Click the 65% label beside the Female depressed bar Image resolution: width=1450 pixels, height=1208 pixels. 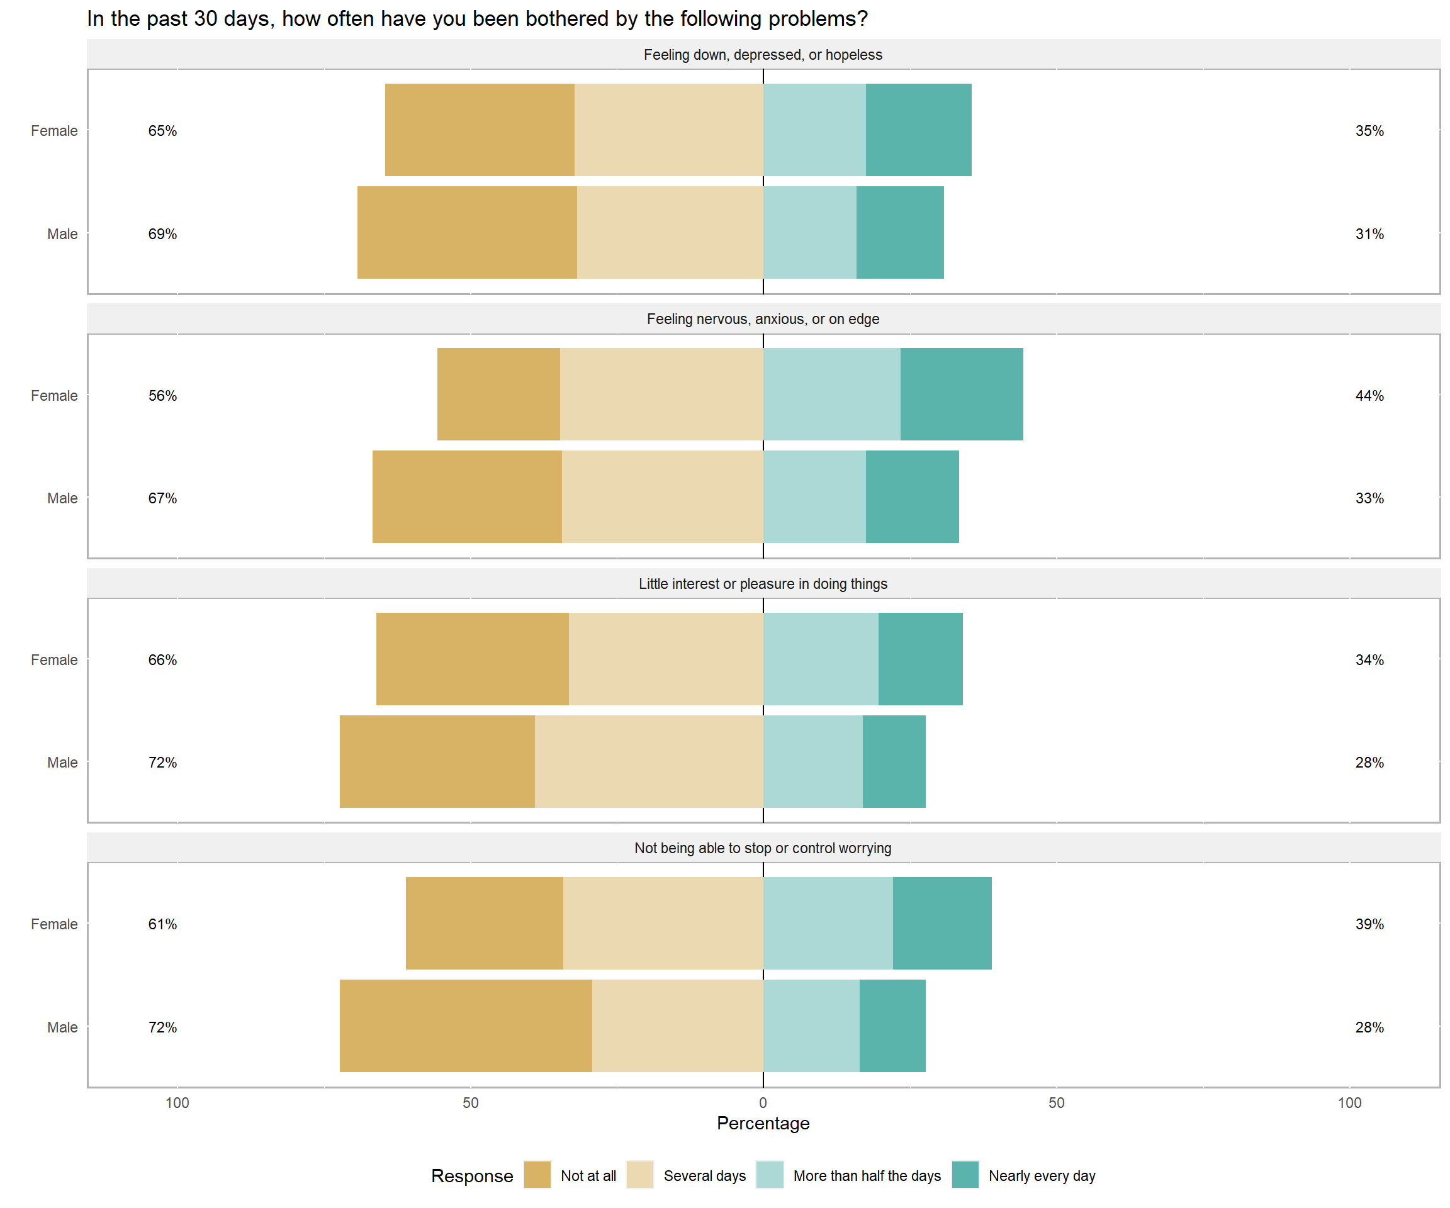pos(162,130)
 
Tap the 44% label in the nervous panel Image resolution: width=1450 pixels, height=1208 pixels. pos(1369,396)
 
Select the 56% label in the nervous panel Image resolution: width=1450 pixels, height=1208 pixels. pos(162,396)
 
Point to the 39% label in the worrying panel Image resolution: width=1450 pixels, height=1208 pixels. pos(1369,924)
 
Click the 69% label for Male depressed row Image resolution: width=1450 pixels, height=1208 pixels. pos(162,234)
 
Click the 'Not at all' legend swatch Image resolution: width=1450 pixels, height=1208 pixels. pos(537,1175)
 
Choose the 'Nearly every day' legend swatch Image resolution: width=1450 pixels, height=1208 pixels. pos(965,1175)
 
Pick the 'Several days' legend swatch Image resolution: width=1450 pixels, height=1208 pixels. pos(639,1175)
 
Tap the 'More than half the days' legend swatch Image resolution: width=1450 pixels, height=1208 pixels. pos(769,1175)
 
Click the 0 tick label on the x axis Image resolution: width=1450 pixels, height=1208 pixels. pos(763,1102)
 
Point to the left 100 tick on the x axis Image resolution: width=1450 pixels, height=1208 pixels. pos(177,1102)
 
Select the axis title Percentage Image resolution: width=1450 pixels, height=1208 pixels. pos(763,1123)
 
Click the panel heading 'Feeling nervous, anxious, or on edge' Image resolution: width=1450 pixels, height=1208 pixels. pos(763,319)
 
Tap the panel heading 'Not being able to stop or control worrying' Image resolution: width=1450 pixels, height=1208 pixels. pos(763,847)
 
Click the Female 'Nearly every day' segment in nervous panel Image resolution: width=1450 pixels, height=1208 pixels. pos(961,394)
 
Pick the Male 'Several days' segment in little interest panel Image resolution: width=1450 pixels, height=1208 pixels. pos(648,761)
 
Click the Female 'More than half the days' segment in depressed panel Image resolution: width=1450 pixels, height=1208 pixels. pos(814,130)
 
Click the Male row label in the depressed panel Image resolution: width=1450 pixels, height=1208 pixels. pos(62,234)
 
